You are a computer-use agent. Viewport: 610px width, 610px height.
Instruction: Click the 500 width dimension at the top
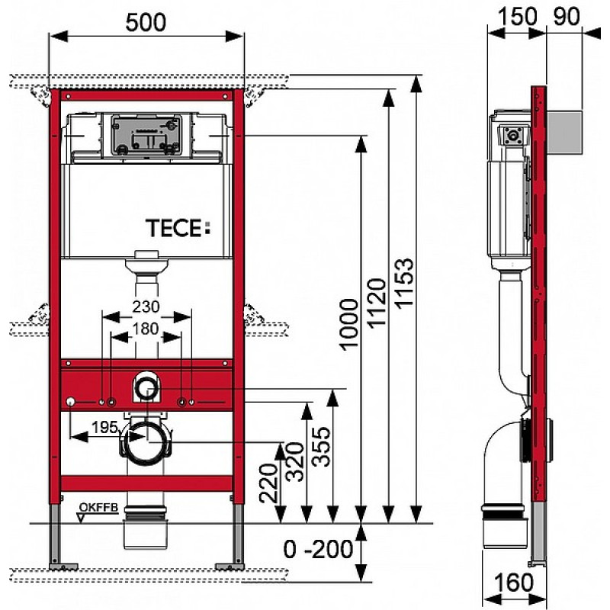pos(146,22)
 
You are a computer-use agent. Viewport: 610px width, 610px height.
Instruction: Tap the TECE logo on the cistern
pos(178,227)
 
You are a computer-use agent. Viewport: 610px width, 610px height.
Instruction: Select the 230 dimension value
pos(146,307)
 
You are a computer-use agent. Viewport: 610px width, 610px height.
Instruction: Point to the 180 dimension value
pos(146,329)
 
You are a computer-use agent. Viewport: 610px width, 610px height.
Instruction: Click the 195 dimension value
pos(104,428)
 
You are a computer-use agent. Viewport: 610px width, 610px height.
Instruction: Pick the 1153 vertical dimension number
pos(405,283)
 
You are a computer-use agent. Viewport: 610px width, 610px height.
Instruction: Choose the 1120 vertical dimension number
pos(377,303)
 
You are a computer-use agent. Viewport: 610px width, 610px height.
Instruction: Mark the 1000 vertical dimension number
pos(348,324)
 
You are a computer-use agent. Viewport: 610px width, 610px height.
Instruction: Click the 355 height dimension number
pos(322,447)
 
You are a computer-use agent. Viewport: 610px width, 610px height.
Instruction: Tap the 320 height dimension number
pos(295,461)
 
